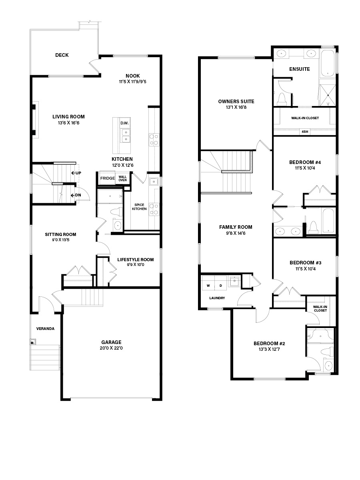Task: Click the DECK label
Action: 62,55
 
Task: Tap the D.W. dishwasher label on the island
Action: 124,123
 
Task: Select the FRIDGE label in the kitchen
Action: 108,178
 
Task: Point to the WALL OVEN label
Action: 123,178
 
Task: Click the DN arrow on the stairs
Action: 73,195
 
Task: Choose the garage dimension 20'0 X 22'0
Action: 111,348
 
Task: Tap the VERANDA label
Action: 45,329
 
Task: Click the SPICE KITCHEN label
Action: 139,207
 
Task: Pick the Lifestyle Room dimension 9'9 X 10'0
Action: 136,265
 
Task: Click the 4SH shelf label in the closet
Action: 305,132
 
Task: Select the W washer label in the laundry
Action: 208,286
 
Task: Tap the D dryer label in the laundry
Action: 221,286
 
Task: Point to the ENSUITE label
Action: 300,69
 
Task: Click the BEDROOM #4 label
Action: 305,162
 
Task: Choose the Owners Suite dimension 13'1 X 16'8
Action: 236,107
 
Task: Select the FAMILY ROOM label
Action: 236,227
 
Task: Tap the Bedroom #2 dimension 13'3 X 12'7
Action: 269,349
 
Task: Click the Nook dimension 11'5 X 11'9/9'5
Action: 133,82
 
